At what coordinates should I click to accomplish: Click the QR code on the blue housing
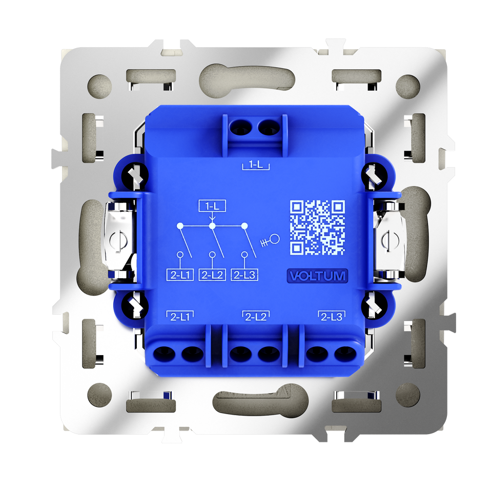tap(318, 228)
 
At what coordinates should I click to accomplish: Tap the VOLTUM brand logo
tap(318, 276)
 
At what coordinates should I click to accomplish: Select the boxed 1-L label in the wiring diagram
tap(212, 206)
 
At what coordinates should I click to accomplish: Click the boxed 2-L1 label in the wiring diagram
tap(180, 275)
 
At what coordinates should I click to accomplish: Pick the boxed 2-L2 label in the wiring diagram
tap(212, 275)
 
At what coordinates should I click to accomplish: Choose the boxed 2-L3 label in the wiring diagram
tap(244, 275)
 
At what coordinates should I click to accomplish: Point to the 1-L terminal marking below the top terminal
tap(256, 165)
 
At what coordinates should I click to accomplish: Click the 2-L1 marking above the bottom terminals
tap(180, 316)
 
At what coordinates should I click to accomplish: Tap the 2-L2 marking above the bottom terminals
tap(256, 316)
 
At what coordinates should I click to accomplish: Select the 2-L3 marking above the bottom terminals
tap(332, 316)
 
